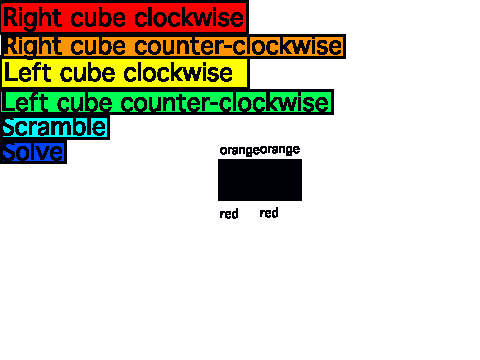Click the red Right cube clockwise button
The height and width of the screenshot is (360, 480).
click(124, 17)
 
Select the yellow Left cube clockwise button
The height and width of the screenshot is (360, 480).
click(125, 73)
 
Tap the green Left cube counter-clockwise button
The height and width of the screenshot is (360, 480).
click(167, 102)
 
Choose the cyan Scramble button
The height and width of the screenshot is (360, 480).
click(55, 127)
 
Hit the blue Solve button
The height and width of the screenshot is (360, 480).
click(33, 152)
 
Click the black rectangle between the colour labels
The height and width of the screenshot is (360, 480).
click(260, 180)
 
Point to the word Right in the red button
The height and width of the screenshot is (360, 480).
click(32, 18)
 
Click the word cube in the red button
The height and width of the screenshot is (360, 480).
click(99, 18)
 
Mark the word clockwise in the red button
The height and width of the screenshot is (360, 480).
click(189, 18)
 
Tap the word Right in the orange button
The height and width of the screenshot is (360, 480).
click(32, 47)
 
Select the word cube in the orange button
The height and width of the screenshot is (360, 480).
click(99, 46)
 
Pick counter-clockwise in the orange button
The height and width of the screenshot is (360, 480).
click(238, 46)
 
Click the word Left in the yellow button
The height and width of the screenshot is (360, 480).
click(28, 73)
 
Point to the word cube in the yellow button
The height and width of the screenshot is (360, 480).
click(88, 73)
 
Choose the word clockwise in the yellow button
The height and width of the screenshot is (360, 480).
click(178, 73)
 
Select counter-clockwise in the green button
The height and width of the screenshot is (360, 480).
click(225, 103)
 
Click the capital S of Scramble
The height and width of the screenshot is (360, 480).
click(10, 127)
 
